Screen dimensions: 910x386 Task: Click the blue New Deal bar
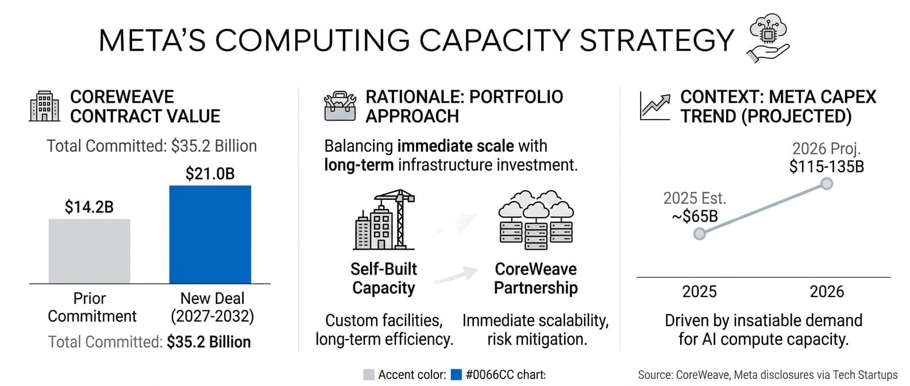[x=210, y=234]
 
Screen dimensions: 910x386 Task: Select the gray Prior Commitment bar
[x=90, y=251]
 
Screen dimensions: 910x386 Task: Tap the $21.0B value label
[x=210, y=173]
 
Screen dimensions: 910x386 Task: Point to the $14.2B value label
[x=89, y=207]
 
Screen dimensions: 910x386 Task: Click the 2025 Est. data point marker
[x=700, y=234]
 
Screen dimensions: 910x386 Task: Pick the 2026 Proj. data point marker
[x=827, y=184]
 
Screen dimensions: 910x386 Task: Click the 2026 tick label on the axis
[x=827, y=292]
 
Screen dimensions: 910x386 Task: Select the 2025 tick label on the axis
[x=699, y=292]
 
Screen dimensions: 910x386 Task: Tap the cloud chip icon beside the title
[x=768, y=38]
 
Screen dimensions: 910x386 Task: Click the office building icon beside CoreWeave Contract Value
[x=45, y=106]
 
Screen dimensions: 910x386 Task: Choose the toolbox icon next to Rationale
[x=340, y=106]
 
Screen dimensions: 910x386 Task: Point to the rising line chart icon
[x=655, y=107]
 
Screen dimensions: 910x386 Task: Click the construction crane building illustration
[x=384, y=219]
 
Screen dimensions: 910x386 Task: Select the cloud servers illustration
[x=536, y=220]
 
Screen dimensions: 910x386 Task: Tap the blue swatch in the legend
[x=457, y=375]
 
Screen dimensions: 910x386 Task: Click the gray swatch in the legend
[x=368, y=375]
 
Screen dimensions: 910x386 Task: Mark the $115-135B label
[x=827, y=167]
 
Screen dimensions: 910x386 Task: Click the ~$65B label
[x=695, y=216]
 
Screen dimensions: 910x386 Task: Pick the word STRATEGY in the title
[x=657, y=40]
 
